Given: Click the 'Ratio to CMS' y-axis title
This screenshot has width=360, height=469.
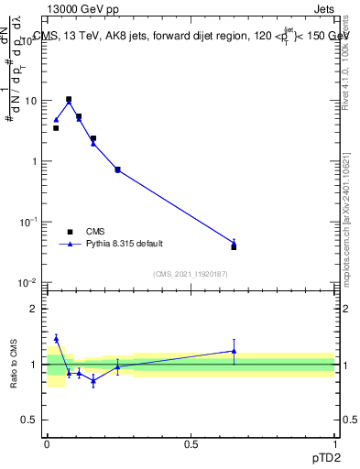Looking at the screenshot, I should [x=15, y=364].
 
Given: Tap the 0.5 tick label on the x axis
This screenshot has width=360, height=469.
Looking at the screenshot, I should [x=191, y=442].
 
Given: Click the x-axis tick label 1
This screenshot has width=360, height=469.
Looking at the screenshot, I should [x=334, y=442].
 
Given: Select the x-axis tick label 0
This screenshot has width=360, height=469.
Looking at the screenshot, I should [x=47, y=442].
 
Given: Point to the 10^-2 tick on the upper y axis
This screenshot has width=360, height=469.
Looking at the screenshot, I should [x=28, y=283].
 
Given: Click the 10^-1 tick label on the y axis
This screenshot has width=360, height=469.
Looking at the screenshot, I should [x=28, y=223].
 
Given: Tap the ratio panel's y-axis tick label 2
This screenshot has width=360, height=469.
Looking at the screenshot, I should [x=34, y=309].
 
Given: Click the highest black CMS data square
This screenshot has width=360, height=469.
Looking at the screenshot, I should [x=69, y=99].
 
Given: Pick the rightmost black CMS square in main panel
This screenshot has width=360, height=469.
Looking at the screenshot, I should [x=234, y=247].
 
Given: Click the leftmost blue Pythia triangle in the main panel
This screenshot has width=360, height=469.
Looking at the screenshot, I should [x=56, y=119].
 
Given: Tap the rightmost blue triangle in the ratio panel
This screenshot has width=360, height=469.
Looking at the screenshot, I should [x=234, y=351].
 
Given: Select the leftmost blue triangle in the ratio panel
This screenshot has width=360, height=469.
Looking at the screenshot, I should [x=56, y=338].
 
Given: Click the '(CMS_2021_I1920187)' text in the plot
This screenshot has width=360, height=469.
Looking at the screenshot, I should [x=191, y=273].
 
